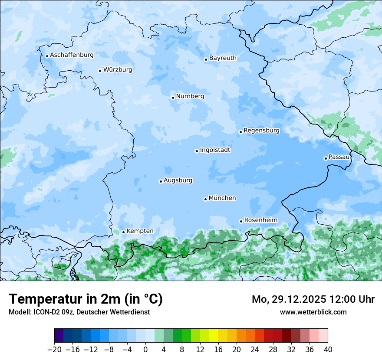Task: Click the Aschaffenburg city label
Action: point(72,55)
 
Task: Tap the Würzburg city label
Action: point(118,70)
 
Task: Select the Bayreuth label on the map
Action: point(223,58)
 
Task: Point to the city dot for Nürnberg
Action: point(173,98)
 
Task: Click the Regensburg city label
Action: point(261,131)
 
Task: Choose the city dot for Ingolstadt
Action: point(197,151)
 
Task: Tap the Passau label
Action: point(339,157)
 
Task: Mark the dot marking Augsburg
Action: point(161,181)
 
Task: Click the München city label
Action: point(222,198)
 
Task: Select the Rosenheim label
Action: point(260,220)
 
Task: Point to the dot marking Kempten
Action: point(123,232)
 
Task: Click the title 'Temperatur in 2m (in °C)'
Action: point(86,299)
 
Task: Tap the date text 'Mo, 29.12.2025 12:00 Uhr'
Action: point(313,299)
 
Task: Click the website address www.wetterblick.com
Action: point(313,312)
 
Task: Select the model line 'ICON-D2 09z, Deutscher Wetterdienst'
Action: point(79,312)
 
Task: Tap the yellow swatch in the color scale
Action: point(214,336)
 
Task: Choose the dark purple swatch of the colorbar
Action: point(59,336)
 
